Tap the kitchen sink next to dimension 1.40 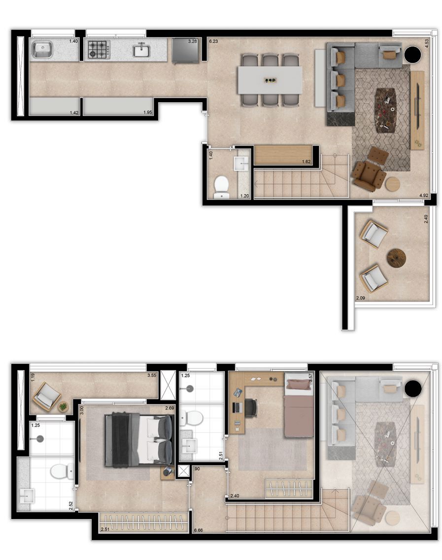(43, 49)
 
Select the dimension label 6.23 (213, 42)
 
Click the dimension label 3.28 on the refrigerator (192, 41)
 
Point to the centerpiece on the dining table (270, 80)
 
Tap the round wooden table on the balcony (396, 258)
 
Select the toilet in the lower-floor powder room (222, 186)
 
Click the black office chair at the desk (251, 407)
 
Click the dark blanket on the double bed (121, 439)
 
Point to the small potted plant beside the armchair (63, 406)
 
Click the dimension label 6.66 (199, 530)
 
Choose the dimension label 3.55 (152, 375)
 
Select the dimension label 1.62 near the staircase (306, 161)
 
